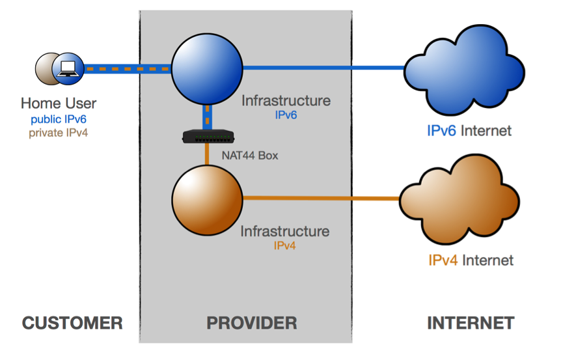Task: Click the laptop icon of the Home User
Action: click(x=68, y=68)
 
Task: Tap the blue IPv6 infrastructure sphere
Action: click(x=207, y=69)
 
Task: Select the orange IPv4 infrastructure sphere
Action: click(x=207, y=200)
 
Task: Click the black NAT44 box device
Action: click(x=208, y=137)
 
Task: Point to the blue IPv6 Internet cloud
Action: click(x=464, y=70)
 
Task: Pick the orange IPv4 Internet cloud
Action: click(x=460, y=199)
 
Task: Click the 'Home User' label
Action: click(x=59, y=104)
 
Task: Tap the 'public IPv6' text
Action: click(x=59, y=119)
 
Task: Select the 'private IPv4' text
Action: click(x=58, y=133)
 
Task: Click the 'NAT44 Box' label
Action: click(x=250, y=156)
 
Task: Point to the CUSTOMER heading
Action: click(x=72, y=323)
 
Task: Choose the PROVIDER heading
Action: click(x=252, y=323)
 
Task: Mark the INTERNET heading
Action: click(x=471, y=323)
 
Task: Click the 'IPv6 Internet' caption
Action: click(x=469, y=131)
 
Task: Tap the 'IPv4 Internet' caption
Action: click(x=471, y=260)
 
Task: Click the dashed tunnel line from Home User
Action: click(x=128, y=69)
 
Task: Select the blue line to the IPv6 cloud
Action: click(x=324, y=68)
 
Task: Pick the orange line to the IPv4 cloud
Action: click(x=322, y=198)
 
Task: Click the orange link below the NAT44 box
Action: click(x=207, y=154)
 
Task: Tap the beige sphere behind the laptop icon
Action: click(x=45, y=69)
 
